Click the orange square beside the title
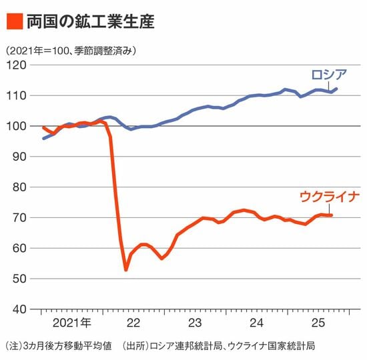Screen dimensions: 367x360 [15, 21]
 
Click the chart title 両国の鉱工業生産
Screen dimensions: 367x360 [91, 21]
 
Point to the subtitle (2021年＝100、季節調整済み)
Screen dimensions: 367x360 [71, 50]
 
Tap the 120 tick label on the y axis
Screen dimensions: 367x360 [16, 65]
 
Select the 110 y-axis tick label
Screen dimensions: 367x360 [16, 96]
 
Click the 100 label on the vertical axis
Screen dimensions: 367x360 [16, 126]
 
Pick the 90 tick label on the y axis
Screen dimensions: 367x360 [19, 157]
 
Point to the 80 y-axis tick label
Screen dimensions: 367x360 [19, 187]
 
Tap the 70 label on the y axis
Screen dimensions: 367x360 [19, 218]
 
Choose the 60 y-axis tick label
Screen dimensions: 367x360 [19, 248]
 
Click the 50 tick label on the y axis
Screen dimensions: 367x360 [19, 279]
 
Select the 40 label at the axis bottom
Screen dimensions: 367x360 [19, 309]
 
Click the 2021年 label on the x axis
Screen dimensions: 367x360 [72, 323]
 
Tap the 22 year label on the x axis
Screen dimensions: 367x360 [133, 323]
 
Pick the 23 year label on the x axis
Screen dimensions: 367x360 [195, 323]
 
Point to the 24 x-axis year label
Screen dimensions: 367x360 [257, 323]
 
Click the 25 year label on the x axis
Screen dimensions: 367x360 [318, 323]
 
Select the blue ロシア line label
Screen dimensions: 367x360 [329, 75]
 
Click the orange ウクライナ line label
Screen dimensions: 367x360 [330, 197]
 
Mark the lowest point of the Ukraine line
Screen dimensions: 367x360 [126, 270]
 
